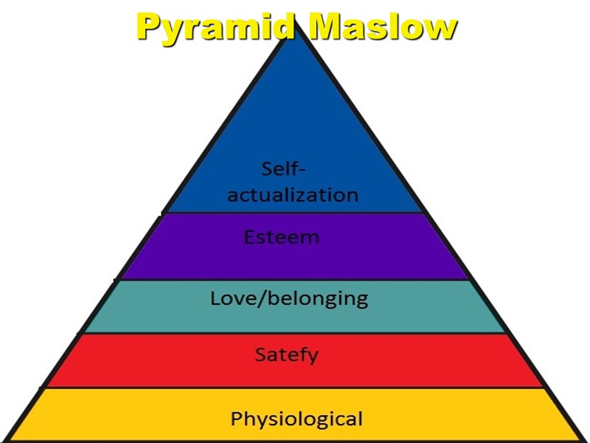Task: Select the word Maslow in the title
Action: [383, 27]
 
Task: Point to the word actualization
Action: [293, 196]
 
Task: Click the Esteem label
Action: [282, 238]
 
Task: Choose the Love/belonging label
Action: [289, 299]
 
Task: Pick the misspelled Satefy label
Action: [286, 355]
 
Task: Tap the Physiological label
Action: [296, 420]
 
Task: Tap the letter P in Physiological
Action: [237, 419]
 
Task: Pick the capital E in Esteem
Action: [249, 238]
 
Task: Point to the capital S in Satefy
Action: [260, 354]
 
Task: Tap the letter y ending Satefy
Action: [313, 357]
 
